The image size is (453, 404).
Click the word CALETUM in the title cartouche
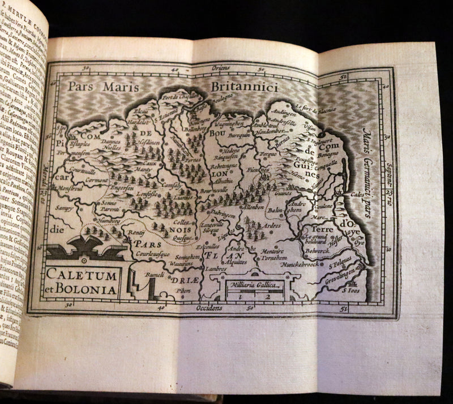click(x=83, y=275)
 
